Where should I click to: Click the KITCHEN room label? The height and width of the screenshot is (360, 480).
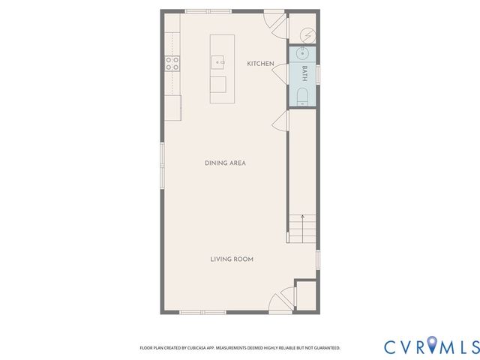(260, 64)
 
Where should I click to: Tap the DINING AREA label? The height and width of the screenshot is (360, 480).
(226, 163)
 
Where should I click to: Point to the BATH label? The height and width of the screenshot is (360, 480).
(304, 73)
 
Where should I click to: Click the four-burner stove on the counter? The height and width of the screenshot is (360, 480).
(172, 64)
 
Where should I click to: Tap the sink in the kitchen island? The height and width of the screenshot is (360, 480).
(218, 61)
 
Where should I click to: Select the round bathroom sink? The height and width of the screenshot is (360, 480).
(303, 53)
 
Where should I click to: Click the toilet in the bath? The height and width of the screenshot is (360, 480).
(303, 96)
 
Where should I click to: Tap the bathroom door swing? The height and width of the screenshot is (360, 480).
(279, 73)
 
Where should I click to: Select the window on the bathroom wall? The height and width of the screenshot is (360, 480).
(319, 73)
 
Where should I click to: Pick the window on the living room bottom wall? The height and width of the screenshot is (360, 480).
(202, 311)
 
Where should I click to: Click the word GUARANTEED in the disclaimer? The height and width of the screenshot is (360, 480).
(324, 348)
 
